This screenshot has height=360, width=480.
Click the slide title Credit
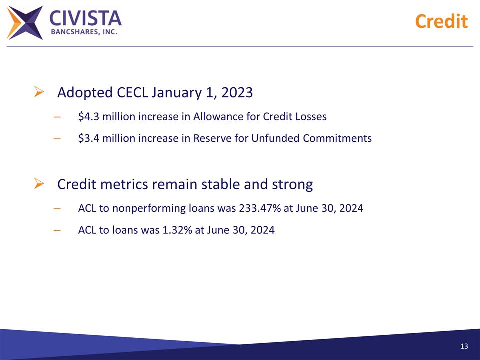(x=441, y=21)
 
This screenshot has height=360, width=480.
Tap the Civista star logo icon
(x=25, y=22)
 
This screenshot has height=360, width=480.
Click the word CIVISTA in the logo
(x=85, y=19)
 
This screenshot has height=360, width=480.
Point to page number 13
(x=464, y=347)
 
